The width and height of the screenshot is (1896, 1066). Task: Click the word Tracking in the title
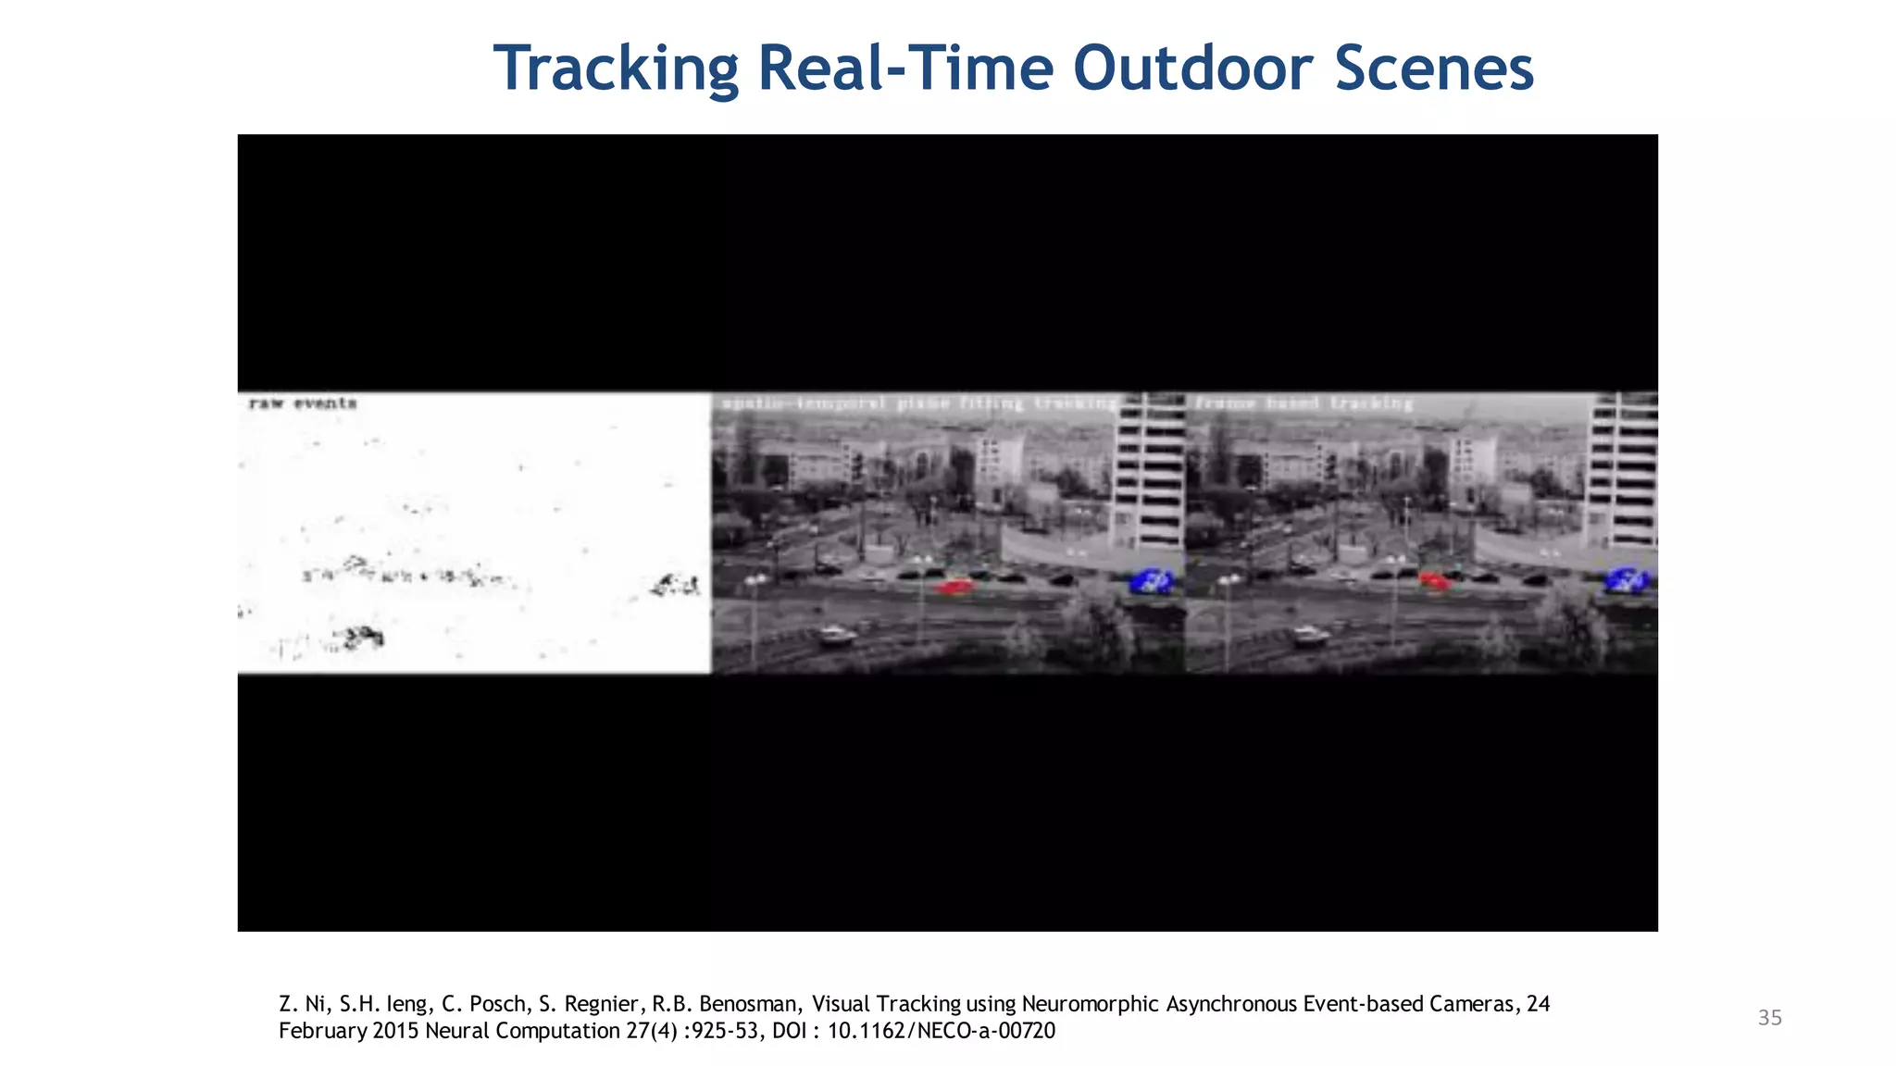click(616, 68)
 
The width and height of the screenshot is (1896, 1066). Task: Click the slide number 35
click(1769, 1018)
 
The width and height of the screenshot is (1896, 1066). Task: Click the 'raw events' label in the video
click(303, 403)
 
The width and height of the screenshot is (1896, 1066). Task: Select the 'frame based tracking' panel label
click(1304, 403)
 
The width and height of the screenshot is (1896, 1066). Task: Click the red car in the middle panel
click(955, 586)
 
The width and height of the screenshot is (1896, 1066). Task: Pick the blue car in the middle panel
click(1152, 581)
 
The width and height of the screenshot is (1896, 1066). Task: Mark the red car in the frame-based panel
click(1434, 581)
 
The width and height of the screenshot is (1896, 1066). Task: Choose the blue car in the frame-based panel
click(1627, 580)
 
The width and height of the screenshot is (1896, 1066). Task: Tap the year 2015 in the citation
click(396, 1031)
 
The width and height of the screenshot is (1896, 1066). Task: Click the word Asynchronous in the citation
click(1231, 1004)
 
